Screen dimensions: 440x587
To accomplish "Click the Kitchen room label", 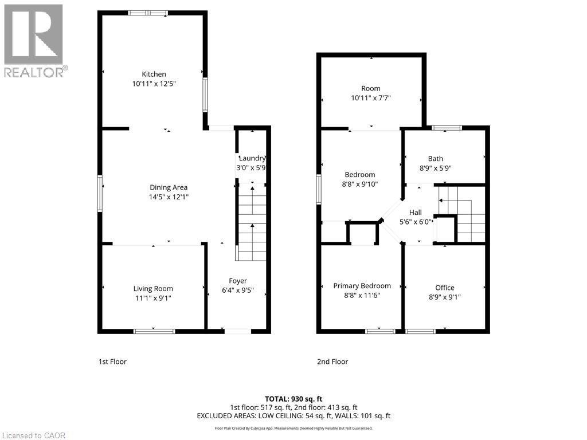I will pos(154,74).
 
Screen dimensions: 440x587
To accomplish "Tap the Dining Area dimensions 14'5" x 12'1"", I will pos(169,197).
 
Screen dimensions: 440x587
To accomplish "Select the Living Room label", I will pos(153,289).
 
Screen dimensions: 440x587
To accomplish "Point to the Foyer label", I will pos(238,281).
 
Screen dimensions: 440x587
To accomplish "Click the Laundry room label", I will pos(252,159).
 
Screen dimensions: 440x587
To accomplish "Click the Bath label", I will pos(436,159).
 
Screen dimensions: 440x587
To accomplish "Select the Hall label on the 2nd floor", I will pos(416,213).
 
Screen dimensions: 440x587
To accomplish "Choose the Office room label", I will pos(445,288).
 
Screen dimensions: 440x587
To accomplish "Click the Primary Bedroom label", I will pos(362,286).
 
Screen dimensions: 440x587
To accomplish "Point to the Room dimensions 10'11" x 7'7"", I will pos(371,97).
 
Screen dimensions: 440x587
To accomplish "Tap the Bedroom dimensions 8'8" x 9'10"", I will pos(360,184).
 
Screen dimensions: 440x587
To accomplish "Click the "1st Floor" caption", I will pos(112,362).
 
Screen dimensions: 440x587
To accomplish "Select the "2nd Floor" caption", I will pos(332,362).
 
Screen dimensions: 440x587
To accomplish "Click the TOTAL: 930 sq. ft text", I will pos(293,398).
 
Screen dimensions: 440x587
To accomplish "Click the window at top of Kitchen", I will pos(148,13).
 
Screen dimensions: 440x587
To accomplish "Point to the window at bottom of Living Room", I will pos(154,331).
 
